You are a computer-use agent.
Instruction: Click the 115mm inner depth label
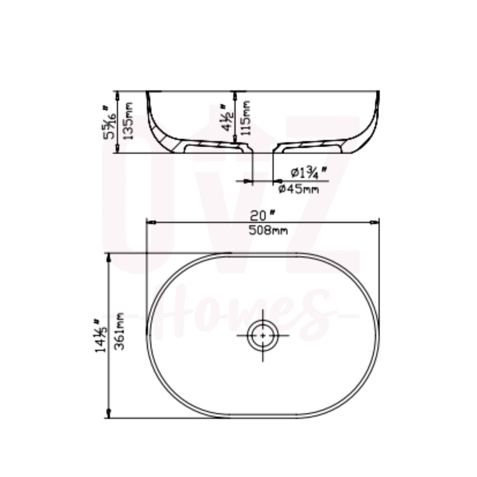pos(247,118)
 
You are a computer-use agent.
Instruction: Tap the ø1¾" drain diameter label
pos(307,173)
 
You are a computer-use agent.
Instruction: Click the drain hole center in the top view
pos(263,335)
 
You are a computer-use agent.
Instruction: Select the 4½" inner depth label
pos(228,118)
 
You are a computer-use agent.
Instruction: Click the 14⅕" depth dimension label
pos(99,335)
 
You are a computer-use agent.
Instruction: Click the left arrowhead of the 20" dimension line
pos(150,223)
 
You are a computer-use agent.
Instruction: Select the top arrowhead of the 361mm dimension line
pos(109,258)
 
